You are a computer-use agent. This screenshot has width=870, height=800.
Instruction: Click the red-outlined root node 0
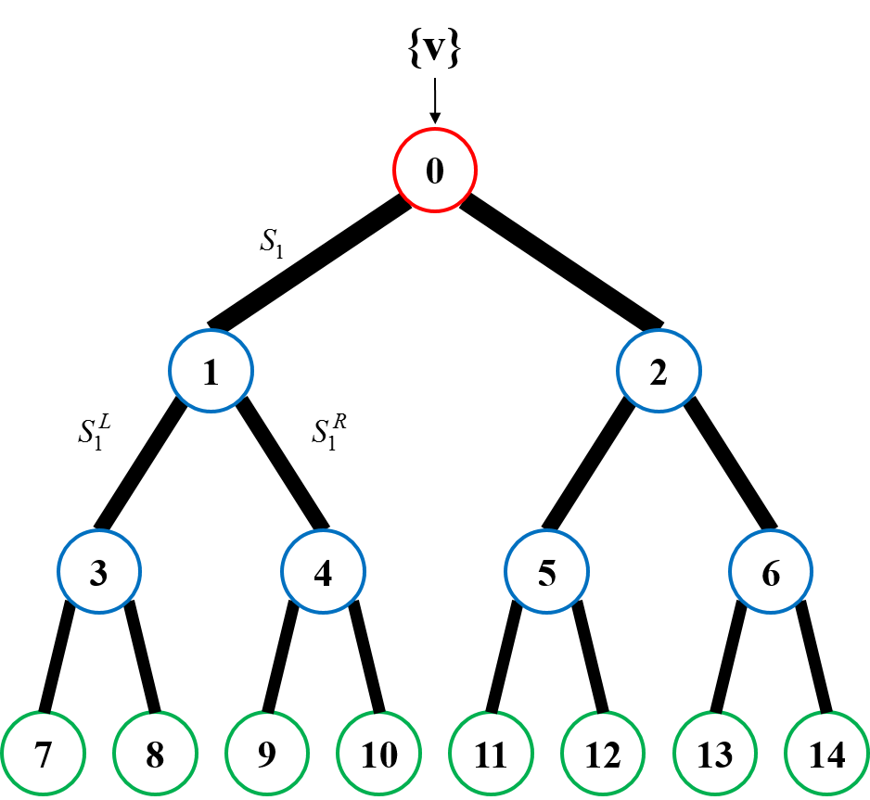coord(434,171)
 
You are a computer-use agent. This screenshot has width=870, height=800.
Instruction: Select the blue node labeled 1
coord(211,371)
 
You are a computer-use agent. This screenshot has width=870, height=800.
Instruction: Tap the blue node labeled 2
coord(659,371)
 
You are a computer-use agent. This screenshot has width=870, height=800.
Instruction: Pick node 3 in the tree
coord(99,572)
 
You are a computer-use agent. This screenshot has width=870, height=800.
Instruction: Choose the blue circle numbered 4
coord(323,572)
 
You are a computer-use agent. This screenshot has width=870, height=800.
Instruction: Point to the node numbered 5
coord(546,572)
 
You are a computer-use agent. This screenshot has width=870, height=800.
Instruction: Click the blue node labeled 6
coord(770,572)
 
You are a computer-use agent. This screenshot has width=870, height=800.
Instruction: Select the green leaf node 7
coord(43,755)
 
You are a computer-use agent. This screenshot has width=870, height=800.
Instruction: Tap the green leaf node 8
coord(155,755)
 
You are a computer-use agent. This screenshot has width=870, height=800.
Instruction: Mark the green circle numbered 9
coord(266,755)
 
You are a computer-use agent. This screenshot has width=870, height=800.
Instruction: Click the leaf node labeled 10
coord(378,755)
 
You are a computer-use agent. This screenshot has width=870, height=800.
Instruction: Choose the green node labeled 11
coord(490,755)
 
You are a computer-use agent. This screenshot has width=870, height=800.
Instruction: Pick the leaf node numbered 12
coord(602,755)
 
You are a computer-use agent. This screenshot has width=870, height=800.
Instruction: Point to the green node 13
coord(714,755)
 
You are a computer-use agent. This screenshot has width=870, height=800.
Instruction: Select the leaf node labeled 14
coord(825,755)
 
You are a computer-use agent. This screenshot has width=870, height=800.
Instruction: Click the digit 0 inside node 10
coord(388,756)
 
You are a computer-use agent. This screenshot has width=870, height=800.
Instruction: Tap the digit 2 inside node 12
coord(611,756)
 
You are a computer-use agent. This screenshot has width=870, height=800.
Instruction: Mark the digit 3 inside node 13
coord(723,756)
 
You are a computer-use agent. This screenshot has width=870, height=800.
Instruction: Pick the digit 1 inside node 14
coord(816,756)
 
